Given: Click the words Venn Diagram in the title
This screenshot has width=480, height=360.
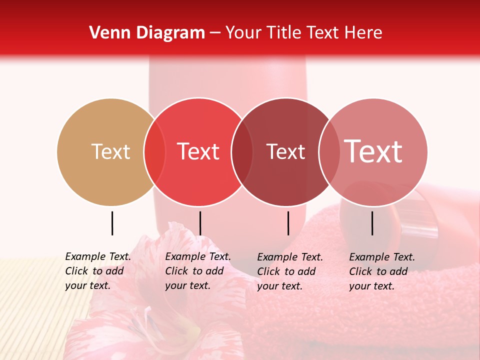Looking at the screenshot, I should (x=147, y=33).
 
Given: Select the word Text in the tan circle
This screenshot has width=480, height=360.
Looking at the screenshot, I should (x=110, y=151).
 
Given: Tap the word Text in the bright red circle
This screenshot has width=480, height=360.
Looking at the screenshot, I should (x=198, y=151).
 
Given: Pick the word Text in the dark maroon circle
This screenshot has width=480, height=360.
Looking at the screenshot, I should (x=285, y=151).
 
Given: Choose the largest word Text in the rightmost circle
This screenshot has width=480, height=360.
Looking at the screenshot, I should (x=373, y=151).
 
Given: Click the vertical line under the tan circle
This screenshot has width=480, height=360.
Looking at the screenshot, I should (x=112, y=223).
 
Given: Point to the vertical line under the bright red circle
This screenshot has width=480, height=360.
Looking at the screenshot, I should (x=200, y=223).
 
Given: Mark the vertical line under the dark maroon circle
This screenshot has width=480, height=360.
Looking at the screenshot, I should (x=288, y=223).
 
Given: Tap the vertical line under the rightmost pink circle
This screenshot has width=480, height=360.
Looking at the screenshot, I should (x=372, y=223).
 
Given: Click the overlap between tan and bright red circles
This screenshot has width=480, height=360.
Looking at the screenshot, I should (x=154, y=152).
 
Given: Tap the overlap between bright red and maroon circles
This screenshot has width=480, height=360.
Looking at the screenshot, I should (x=242, y=152).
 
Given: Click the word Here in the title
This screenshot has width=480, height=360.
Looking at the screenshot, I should (x=364, y=33).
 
